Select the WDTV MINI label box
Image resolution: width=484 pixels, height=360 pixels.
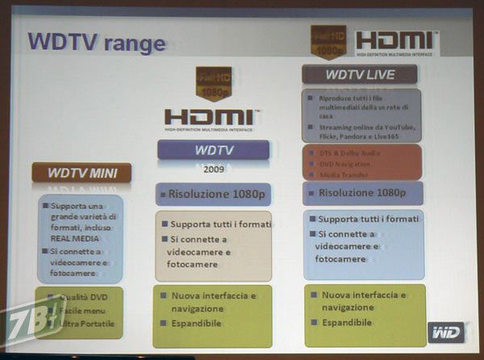[x=81, y=172]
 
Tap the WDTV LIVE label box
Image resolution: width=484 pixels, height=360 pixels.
[x=360, y=74]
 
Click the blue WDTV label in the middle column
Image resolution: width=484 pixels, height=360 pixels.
[x=213, y=149]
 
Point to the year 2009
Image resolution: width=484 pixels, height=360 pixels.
[x=213, y=170]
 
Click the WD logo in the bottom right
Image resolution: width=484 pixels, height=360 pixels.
[x=444, y=332]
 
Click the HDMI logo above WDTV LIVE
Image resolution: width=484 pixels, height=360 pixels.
[x=396, y=41]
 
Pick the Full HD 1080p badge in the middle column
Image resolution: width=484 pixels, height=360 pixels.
[x=213, y=83]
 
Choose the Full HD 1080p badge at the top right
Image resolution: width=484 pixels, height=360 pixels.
[x=328, y=41]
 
